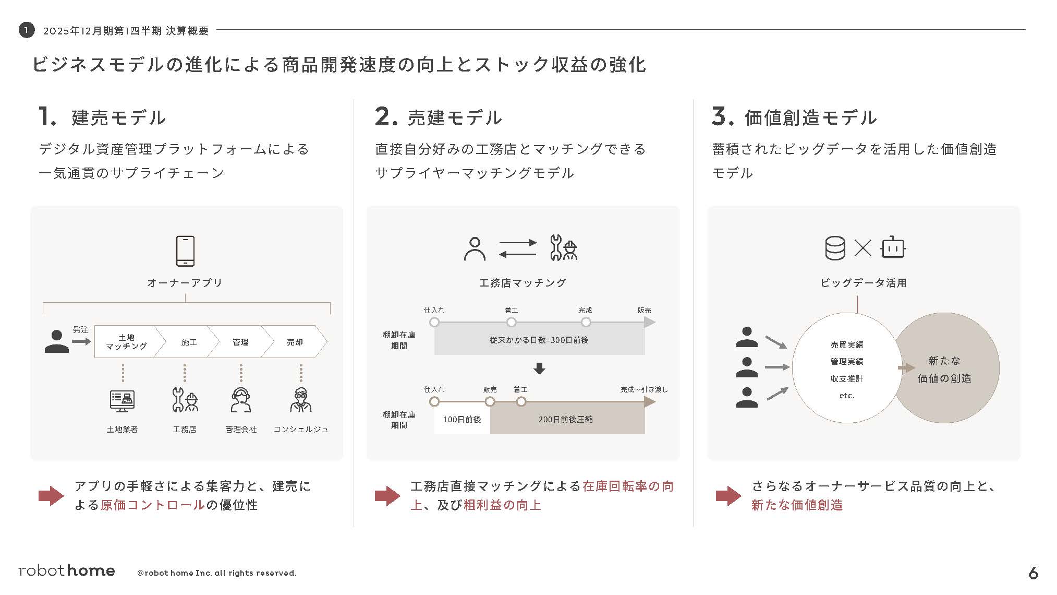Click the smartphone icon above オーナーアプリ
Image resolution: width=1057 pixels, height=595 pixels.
pos(185,251)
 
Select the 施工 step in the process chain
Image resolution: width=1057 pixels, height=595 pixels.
pos(188,342)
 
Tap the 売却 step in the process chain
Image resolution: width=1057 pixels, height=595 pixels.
pos(295,342)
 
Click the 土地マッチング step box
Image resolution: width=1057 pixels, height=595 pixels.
pos(126,342)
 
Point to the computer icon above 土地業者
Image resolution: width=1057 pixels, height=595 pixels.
pos(122,401)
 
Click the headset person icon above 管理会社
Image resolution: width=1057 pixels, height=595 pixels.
pos(240,400)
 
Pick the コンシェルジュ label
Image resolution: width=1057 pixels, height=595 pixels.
pos(301,429)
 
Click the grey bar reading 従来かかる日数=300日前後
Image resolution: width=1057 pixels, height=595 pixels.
pos(539,340)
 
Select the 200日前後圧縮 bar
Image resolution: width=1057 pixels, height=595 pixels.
pos(566,419)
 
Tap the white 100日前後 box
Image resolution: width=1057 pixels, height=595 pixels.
pos(461,419)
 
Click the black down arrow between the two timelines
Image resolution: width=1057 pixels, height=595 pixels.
pos(539,368)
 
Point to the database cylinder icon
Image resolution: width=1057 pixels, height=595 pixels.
pos(835,248)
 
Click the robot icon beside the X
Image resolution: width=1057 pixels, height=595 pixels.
pos(893,248)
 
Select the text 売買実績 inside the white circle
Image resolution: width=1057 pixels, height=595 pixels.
pos(846,344)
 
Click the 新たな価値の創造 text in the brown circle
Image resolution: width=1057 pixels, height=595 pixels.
pos(944,369)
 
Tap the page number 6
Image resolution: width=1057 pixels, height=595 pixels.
pos(1033,573)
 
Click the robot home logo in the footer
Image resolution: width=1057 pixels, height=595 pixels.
pos(67,570)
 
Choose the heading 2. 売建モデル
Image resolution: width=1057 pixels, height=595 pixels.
pos(438,117)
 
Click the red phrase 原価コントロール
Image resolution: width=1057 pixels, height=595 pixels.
pos(152,505)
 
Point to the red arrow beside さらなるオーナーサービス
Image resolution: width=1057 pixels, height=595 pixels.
pos(728,496)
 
